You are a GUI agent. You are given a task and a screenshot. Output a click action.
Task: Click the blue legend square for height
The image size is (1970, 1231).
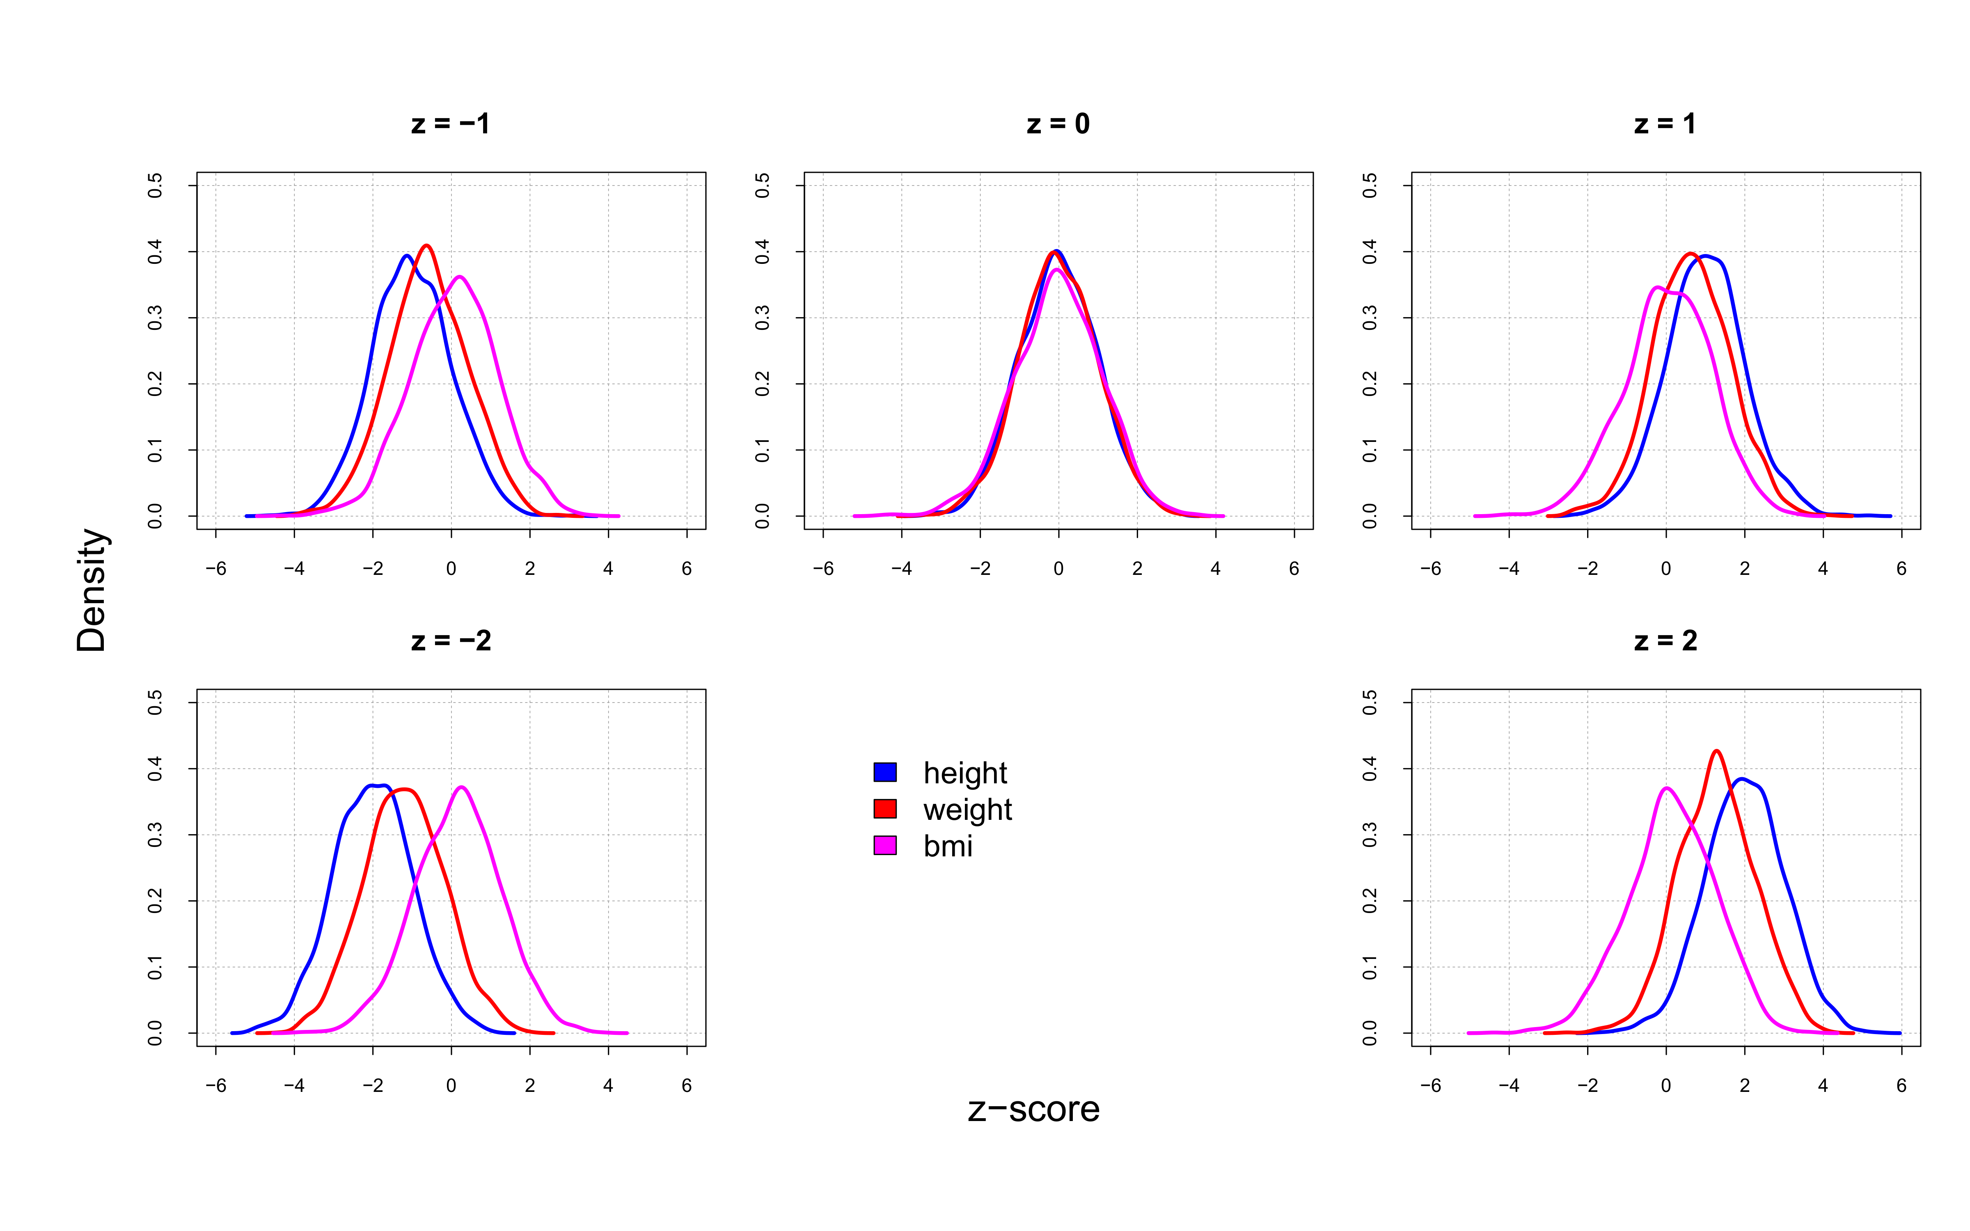click(x=885, y=772)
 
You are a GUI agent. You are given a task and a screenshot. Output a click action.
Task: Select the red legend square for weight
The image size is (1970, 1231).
click(x=885, y=808)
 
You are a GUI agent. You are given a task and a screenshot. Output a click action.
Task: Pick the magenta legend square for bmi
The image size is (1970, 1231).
click(x=885, y=845)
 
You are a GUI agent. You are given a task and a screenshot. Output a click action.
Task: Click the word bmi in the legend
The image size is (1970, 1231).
click(x=948, y=847)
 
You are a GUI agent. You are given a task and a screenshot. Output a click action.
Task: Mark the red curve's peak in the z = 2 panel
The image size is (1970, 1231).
click(x=1716, y=750)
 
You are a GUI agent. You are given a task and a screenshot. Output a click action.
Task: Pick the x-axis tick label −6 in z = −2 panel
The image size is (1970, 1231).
click(x=216, y=1086)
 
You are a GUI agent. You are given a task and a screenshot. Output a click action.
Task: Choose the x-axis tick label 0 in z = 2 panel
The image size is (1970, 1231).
click(x=1665, y=1086)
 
